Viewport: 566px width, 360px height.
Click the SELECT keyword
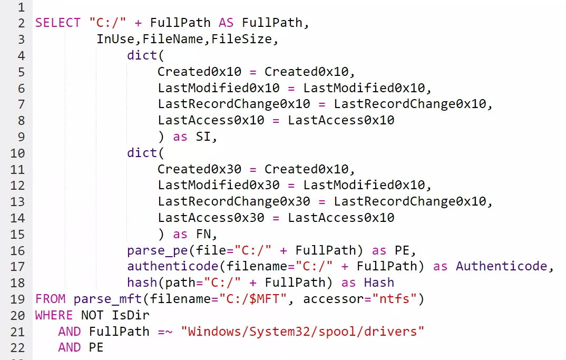(x=54, y=23)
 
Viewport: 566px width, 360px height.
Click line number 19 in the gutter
(x=18, y=299)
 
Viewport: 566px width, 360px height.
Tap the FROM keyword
(x=51, y=299)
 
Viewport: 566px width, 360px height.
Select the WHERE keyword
(x=54, y=315)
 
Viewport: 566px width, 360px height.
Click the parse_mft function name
(x=108, y=299)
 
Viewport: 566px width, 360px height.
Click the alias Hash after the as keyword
(x=379, y=283)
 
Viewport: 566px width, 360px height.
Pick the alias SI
(x=203, y=137)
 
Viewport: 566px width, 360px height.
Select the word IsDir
(x=131, y=315)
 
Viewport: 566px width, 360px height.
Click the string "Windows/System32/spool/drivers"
(x=302, y=332)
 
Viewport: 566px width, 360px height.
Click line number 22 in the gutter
(x=18, y=348)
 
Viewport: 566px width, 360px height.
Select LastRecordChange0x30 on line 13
(x=234, y=201)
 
